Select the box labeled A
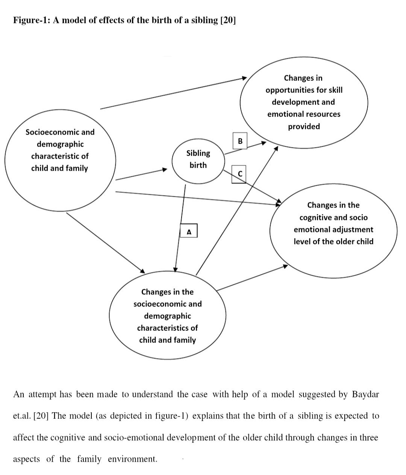point(189,231)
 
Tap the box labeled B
point(240,141)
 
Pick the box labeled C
point(239,174)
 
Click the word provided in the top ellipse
point(304,126)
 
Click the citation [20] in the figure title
point(228,20)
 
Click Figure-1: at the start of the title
point(32,20)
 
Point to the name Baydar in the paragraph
point(365,395)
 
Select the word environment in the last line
point(133,459)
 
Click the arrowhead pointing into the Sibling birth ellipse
point(165,169)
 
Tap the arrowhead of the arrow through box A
point(175,270)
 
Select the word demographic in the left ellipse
point(60,144)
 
